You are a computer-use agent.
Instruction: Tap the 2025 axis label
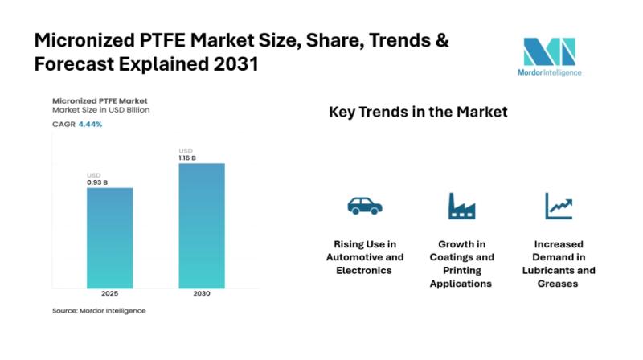click(109, 293)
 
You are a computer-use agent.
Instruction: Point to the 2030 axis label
click(201, 293)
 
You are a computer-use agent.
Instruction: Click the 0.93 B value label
click(97, 182)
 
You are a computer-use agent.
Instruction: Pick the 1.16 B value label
click(189, 157)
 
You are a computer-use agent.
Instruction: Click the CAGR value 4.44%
click(90, 124)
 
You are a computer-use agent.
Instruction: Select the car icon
click(365, 206)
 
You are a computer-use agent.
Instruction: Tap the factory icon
click(461, 207)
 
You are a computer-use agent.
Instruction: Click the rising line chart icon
click(558, 206)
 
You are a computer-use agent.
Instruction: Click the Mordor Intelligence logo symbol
click(551, 52)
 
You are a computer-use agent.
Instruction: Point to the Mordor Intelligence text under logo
click(551, 72)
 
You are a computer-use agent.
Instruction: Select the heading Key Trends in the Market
click(418, 112)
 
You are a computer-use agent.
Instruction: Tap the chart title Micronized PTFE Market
click(94, 100)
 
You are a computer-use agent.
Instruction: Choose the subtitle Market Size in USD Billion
click(100, 109)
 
